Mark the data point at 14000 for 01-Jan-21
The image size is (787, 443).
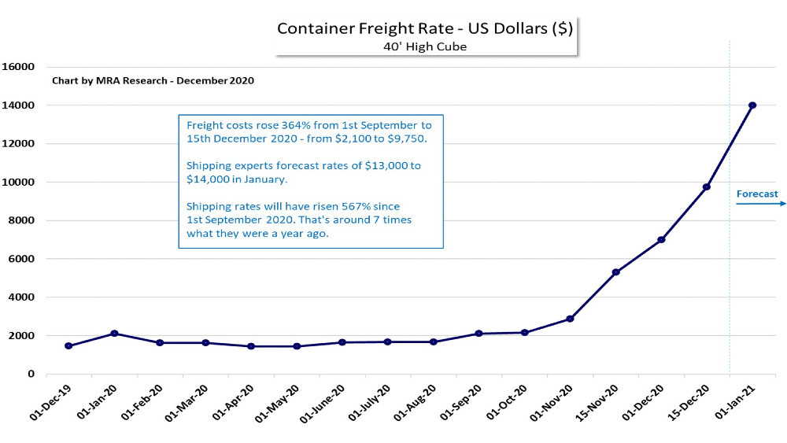click(752, 105)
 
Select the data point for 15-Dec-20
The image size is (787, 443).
click(707, 187)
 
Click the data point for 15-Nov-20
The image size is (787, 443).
click(615, 272)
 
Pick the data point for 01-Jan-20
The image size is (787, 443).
click(114, 334)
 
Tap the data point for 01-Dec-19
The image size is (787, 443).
click(68, 345)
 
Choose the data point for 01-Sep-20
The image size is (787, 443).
click(478, 334)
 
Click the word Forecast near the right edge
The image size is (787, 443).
click(757, 194)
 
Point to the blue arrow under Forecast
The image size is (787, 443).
click(760, 204)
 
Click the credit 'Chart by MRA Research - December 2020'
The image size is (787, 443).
click(153, 81)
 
